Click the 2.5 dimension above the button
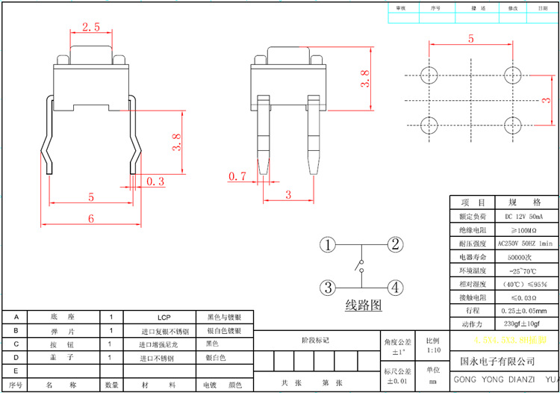91,27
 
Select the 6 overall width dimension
91,218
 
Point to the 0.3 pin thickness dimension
155,182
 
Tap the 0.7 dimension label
237,176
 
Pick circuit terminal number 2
396,244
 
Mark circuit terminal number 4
396,287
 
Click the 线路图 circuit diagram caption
363,305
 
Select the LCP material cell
164,317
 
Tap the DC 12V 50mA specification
524,217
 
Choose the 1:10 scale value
433,350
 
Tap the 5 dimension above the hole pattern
470,39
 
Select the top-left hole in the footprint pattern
429,75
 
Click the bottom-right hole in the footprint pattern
512,124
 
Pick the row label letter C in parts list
16,344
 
